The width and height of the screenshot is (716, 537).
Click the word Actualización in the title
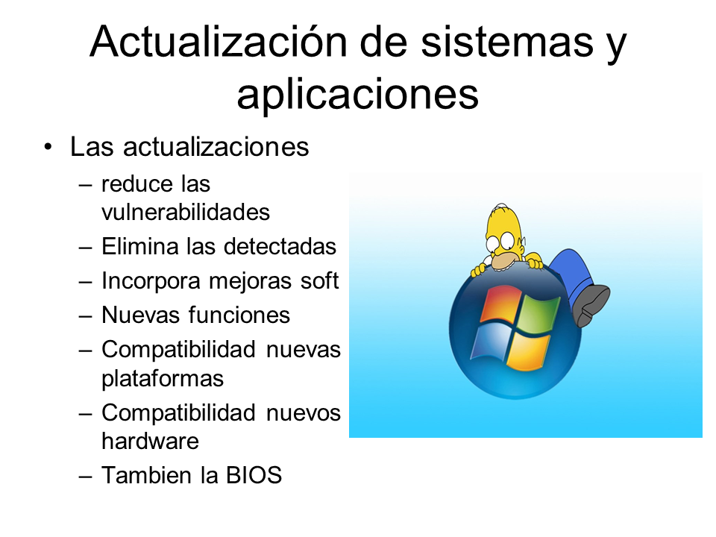pyautogui.click(x=218, y=42)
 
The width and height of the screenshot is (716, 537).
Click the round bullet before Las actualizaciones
pyautogui.click(x=48, y=147)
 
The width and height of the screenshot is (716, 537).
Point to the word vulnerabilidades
pyautogui.click(x=186, y=212)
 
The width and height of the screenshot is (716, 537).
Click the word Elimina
pyautogui.click(x=139, y=246)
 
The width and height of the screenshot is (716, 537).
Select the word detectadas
pyautogui.click(x=280, y=246)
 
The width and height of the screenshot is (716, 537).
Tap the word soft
pyautogui.click(x=319, y=280)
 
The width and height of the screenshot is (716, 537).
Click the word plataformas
pyautogui.click(x=163, y=379)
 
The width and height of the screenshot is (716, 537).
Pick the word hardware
pyautogui.click(x=150, y=441)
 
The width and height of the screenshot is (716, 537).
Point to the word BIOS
pyautogui.click(x=254, y=475)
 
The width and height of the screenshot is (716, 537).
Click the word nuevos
pyautogui.click(x=304, y=413)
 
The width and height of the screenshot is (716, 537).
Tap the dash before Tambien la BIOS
pyautogui.click(x=85, y=477)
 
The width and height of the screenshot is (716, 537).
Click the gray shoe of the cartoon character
pyautogui.click(x=591, y=304)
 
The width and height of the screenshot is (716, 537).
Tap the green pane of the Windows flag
pyautogui.click(x=540, y=315)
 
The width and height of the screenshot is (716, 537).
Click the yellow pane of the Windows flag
pyautogui.click(x=527, y=351)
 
